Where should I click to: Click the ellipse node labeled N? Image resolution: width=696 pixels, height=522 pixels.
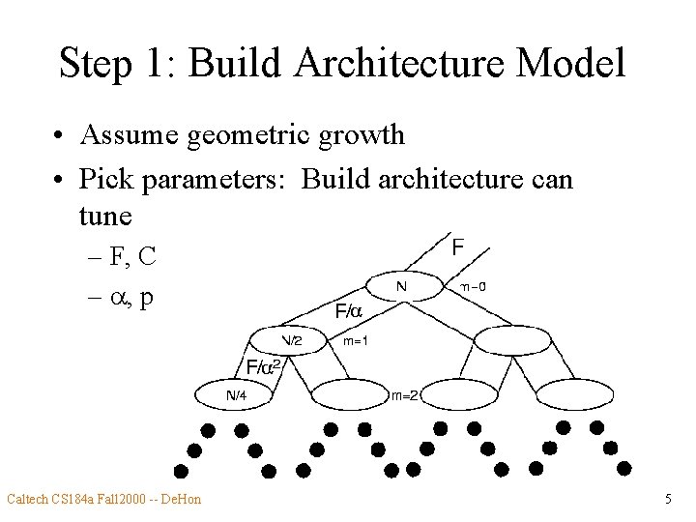click(x=402, y=287)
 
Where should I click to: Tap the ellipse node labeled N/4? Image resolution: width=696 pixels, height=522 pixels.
click(x=236, y=394)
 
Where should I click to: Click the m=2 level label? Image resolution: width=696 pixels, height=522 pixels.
click(x=404, y=394)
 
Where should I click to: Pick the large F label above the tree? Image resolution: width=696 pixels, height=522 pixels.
click(x=457, y=247)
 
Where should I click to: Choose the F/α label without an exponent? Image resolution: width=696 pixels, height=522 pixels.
click(x=347, y=312)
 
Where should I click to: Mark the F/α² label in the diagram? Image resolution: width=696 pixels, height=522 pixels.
click(x=263, y=367)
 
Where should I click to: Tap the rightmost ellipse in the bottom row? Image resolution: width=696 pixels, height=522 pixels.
click(x=572, y=393)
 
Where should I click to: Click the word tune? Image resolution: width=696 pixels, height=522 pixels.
click(x=104, y=215)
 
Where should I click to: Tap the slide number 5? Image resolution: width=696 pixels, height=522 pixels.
click(x=668, y=500)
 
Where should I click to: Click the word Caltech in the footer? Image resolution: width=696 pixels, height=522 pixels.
click(x=28, y=500)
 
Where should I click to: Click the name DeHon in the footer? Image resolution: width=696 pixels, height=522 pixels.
click(x=181, y=500)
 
